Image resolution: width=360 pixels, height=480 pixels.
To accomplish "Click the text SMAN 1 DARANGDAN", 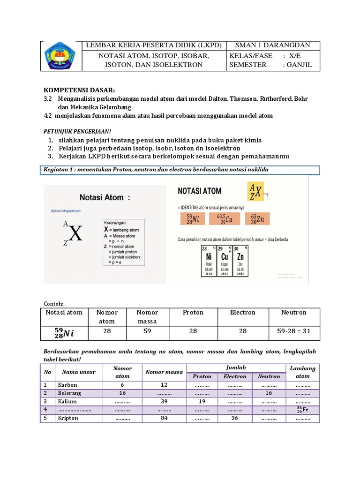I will [274, 45].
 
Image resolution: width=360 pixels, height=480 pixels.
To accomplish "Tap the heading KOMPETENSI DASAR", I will [79, 90].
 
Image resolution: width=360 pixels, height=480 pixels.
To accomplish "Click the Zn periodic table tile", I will [240, 262].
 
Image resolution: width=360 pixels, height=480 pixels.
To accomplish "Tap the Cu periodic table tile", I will [225, 262].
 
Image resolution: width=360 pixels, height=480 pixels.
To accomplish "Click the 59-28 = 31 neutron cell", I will [293, 331].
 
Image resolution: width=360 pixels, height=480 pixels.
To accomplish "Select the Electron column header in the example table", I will [242, 313].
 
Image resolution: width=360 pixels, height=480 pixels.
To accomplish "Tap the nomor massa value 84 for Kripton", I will [164, 418].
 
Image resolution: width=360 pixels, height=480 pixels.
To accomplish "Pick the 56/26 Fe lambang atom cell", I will [303, 410].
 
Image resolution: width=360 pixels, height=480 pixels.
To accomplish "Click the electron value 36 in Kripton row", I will [235, 418].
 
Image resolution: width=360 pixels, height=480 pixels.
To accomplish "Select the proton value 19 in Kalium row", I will [202, 402].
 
